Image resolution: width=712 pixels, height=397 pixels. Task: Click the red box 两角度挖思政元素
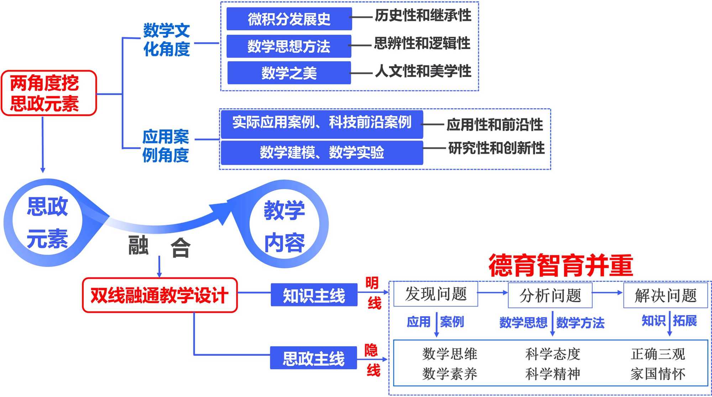pos(49,93)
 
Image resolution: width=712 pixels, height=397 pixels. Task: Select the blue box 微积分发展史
pos(289,19)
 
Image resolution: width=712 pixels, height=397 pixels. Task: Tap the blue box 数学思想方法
pos(289,46)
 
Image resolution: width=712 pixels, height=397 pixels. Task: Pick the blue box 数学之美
pos(289,73)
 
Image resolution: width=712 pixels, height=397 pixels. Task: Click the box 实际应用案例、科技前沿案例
pos(322,123)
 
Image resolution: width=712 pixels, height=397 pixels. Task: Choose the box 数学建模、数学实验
pos(322,153)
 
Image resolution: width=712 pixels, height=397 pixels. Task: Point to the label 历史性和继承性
pos(423,16)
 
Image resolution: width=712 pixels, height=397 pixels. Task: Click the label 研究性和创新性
pos(496,148)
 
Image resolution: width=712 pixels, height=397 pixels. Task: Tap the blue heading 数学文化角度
pos(166,40)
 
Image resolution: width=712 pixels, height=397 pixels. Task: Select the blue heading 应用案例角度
pos(166,146)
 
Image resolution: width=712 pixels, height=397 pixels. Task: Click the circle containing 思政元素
pos(47,223)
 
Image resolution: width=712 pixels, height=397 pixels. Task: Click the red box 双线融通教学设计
pos(159,296)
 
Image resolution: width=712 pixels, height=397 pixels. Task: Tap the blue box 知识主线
pos(314,295)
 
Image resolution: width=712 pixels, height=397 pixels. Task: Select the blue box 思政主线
pos(313,358)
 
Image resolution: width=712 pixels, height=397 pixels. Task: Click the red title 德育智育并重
pos(561,265)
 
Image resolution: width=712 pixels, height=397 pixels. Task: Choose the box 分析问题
pos(550,295)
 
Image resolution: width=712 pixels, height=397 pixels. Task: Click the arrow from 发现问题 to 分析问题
pos(493,293)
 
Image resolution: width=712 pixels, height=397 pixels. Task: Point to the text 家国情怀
pos(658,374)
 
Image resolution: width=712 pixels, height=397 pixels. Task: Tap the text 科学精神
pos(553,374)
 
